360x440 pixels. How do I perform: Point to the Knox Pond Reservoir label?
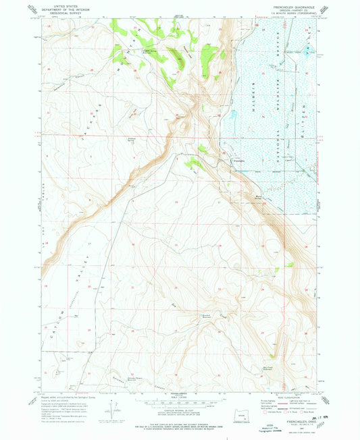(x=207, y=317)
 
